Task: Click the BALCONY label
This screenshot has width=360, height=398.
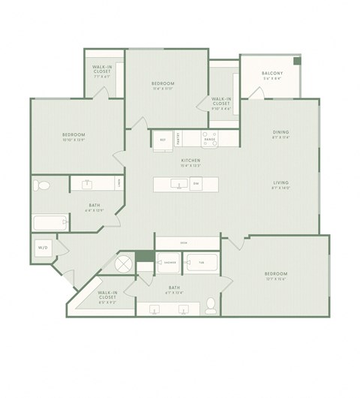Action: coord(271,73)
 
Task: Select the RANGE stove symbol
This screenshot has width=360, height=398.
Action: coord(209,138)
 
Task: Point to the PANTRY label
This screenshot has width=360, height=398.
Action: coord(178,138)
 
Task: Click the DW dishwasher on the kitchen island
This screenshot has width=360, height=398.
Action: coord(196,183)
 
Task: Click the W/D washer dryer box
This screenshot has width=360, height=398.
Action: coord(43,247)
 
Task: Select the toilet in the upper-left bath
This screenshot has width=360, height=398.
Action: coord(43,185)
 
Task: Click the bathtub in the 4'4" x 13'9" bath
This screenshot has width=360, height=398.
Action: coord(49,222)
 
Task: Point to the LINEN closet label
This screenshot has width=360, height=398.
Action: coord(120,182)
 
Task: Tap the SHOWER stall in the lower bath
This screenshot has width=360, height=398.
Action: coord(170,263)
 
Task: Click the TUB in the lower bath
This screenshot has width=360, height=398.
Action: coord(200,263)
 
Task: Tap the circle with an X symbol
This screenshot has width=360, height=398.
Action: coord(123,264)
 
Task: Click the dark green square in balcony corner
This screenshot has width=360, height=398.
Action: coord(297,61)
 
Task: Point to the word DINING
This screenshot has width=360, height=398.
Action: coord(280,132)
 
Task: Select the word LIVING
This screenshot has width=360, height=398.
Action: coord(280,182)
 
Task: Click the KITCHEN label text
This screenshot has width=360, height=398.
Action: coord(189,160)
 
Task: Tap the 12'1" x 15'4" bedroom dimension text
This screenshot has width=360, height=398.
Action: coord(275,279)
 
